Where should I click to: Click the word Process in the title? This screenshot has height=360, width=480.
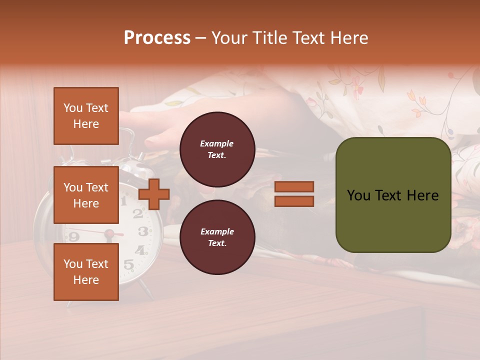click(x=157, y=38)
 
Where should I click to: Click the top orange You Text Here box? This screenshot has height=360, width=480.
click(x=86, y=116)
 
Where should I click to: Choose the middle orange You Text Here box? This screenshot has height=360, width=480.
click(x=86, y=195)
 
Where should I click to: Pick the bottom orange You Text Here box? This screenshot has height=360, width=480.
click(x=86, y=271)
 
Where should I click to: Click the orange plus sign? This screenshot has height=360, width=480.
click(x=154, y=194)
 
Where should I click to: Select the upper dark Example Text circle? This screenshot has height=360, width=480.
click(x=217, y=149)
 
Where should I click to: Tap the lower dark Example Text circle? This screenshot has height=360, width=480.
click(x=217, y=237)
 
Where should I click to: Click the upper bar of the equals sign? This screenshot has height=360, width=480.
click(x=294, y=186)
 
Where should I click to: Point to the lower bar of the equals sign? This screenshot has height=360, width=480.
click(x=294, y=201)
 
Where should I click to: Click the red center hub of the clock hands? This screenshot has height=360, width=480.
click(x=108, y=233)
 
